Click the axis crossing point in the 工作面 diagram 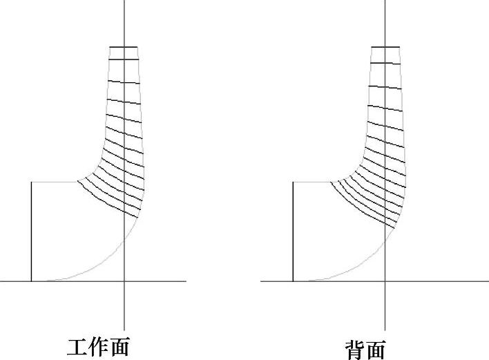click(x=124, y=281)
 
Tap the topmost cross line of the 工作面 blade click(x=124, y=47)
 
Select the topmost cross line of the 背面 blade click(x=386, y=47)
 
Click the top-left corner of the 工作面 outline click(x=32, y=182)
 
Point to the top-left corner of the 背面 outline click(x=294, y=182)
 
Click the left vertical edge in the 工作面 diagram click(x=32, y=231)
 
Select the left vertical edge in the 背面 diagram click(x=294, y=231)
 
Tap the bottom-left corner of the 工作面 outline click(x=32, y=281)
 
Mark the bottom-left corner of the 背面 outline click(x=294, y=281)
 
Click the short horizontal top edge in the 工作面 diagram click(x=54, y=182)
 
